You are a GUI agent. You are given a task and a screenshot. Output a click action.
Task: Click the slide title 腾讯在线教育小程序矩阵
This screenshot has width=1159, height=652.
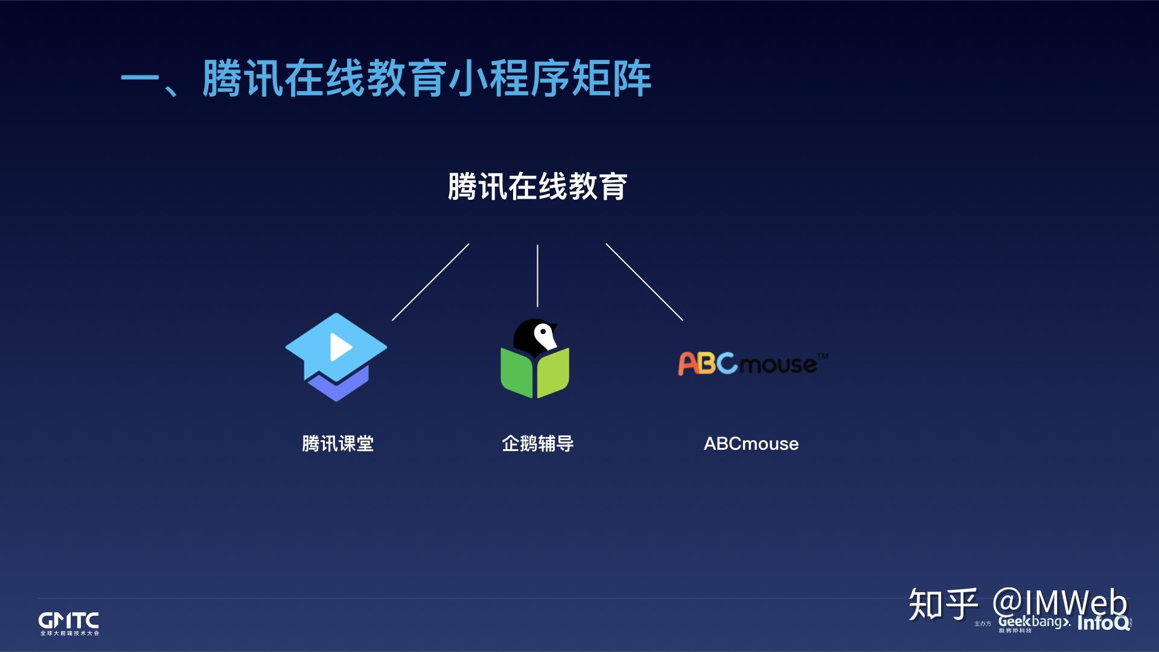click(x=386, y=78)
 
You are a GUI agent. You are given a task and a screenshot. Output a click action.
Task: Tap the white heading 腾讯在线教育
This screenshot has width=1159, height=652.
click(x=537, y=187)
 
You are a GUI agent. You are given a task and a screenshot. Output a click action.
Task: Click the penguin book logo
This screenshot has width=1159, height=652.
click(x=535, y=359)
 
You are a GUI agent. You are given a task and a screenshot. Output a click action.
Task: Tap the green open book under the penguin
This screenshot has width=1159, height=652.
click(x=535, y=374)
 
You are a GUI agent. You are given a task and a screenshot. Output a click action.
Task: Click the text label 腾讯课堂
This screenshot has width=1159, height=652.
click(x=337, y=444)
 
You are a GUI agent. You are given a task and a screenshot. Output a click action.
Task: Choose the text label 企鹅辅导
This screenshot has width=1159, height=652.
click(x=537, y=444)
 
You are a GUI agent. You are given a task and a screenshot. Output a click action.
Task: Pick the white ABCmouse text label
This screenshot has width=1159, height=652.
click(x=751, y=444)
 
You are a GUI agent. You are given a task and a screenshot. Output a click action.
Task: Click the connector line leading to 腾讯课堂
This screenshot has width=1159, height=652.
click(x=430, y=282)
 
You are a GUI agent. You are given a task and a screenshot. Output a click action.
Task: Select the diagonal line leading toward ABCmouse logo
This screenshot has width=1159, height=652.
click(x=644, y=282)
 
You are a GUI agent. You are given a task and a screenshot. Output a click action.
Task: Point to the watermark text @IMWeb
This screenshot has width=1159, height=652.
click(x=1060, y=603)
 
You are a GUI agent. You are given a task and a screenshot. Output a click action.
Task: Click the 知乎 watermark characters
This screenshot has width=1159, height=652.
click(x=942, y=603)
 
